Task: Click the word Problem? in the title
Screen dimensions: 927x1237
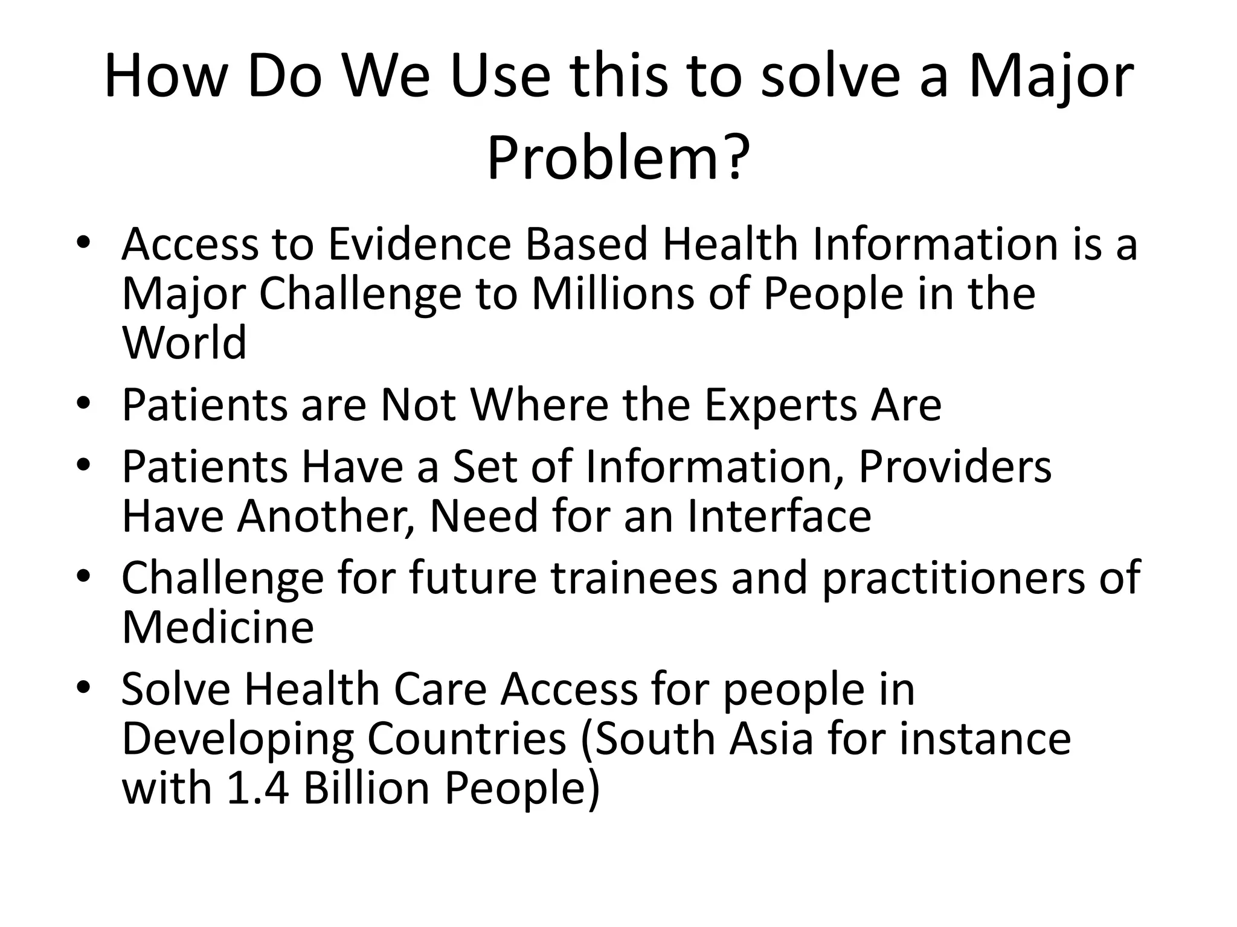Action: point(618,158)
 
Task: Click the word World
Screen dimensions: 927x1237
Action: point(184,342)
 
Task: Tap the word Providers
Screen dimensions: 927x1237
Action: point(954,467)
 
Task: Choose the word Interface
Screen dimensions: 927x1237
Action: point(779,516)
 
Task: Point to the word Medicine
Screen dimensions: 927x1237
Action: point(217,628)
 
